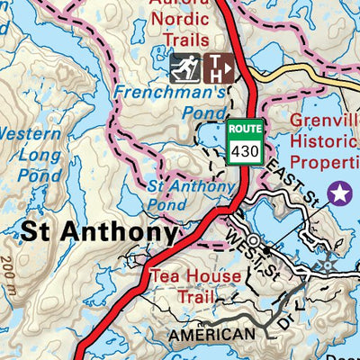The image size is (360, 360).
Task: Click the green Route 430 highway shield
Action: coord(245,142)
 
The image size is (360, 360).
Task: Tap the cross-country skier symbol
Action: coord(184,68)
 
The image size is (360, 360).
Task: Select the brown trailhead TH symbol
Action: coord(220,68)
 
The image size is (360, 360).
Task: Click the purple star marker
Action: coord(339,192)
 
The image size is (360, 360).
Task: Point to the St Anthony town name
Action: coord(99,232)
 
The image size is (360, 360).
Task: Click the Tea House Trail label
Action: coord(195,285)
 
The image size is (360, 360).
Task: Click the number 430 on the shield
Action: coord(245,151)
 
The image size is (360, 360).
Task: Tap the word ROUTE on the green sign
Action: coord(245,130)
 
